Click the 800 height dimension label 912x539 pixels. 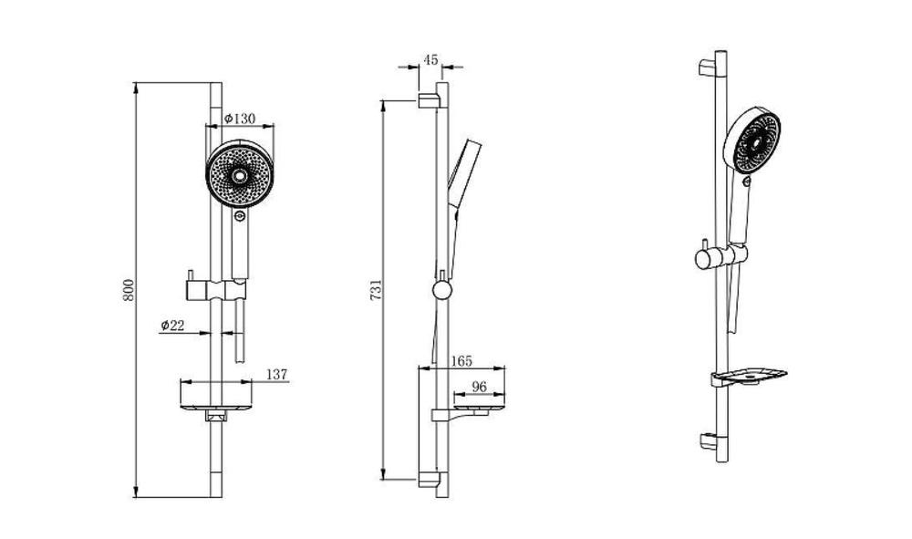pyautogui.click(x=129, y=290)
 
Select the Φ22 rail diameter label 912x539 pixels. pyautogui.click(x=172, y=325)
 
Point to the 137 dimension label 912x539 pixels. pyautogui.click(x=277, y=375)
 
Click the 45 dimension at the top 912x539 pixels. pyautogui.click(x=430, y=60)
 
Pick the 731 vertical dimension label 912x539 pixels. pyautogui.click(x=377, y=289)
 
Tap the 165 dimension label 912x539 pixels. pyautogui.click(x=461, y=361)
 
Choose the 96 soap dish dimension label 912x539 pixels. pyautogui.click(x=479, y=386)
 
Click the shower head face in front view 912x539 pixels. pyautogui.click(x=240, y=174)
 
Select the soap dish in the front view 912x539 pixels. pyautogui.click(x=216, y=401)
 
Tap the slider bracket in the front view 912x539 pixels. pyautogui.click(x=216, y=289)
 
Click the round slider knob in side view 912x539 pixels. pyautogui.click(x=442, y=289)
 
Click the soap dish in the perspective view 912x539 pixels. pyautogui.click(x=748, y=377)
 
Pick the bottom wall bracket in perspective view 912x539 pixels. pyautogui.click(x=709, y=442)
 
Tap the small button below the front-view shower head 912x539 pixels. pyautogui.click(x=240, y=217)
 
